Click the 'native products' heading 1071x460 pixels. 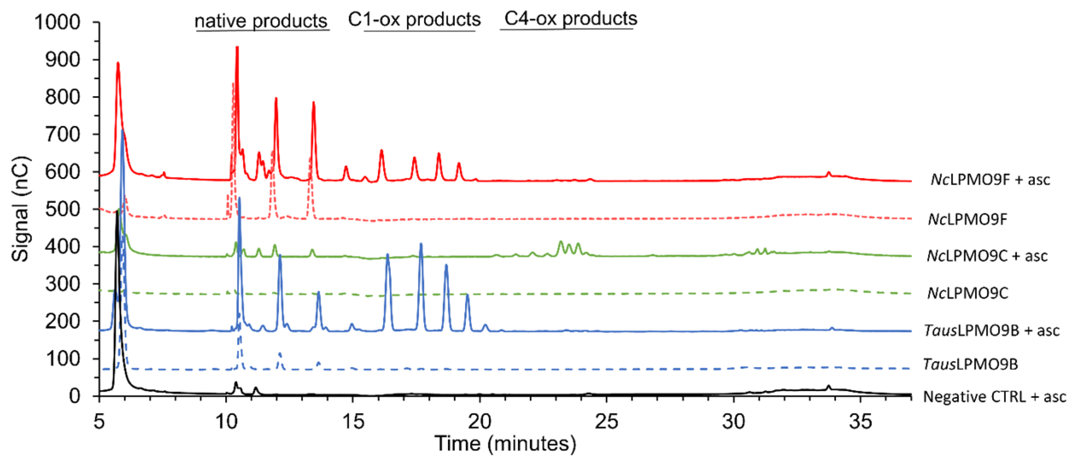[x=261, y=21]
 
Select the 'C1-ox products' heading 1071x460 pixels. [x=414, y=19]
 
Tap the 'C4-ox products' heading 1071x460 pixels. [x=570, y=18]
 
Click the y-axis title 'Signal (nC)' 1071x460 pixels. [x=20, y=209]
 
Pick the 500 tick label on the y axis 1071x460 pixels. [x=63, y=209]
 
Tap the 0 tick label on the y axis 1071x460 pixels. [x=75, y=396]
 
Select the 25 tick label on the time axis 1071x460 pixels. [x=606, y=421]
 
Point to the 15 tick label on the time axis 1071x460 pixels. [x=353, y=421]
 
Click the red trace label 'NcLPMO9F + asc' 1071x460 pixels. [x=990, y=179]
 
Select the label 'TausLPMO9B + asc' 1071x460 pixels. [x=991, y=330]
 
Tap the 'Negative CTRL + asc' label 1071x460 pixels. [x=995, y=397]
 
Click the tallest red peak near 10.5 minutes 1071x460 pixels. [x=237, y=48]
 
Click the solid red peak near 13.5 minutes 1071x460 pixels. [x=313, y=103]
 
